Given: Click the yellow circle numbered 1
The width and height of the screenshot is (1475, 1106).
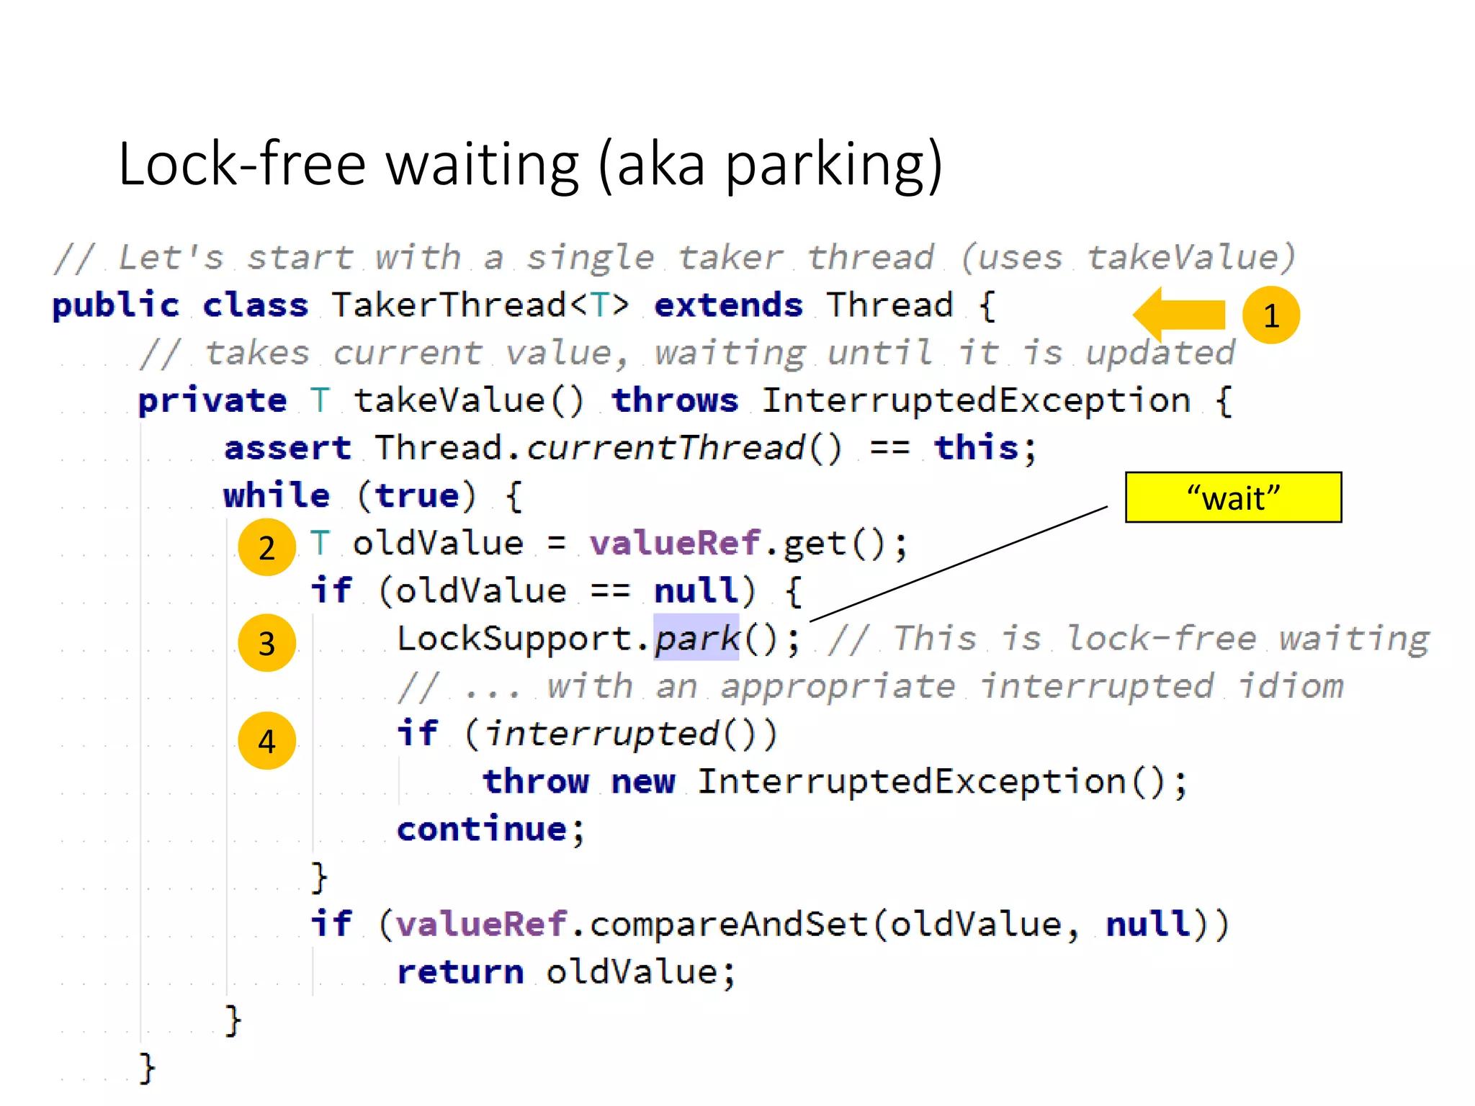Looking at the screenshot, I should click(x=1270, y=315).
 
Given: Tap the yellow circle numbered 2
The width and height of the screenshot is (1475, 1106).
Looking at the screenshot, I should click(x=266, y=547).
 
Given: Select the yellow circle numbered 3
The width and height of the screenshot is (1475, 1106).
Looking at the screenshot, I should click(x=266, y=642).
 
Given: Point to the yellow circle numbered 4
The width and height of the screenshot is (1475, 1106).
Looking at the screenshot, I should click(x=266, y=741).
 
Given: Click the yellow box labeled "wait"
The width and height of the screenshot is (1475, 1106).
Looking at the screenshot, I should click(x=1233, y=498).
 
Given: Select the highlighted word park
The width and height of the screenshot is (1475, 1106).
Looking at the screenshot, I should click(x=696, y=638).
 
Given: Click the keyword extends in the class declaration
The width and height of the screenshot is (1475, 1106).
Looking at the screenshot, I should click(x=728, y=305).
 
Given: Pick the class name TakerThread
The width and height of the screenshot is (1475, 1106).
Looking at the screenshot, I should click(x=449, y=305).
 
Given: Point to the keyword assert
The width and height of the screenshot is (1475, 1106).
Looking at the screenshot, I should click(x=287, y=448).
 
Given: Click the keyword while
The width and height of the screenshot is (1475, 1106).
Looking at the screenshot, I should click(x=277, y=495).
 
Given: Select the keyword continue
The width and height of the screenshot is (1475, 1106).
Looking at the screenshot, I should click(x=482, y=829).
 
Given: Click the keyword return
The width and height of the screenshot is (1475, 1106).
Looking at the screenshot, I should click(x=460, y=972).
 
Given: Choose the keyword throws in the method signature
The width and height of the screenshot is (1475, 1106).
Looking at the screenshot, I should click(x=675, y=400).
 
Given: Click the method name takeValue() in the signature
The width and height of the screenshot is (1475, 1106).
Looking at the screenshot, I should click(x=468, y=400).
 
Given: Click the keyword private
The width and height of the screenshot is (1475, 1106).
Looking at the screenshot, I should click(x=212, y=400).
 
